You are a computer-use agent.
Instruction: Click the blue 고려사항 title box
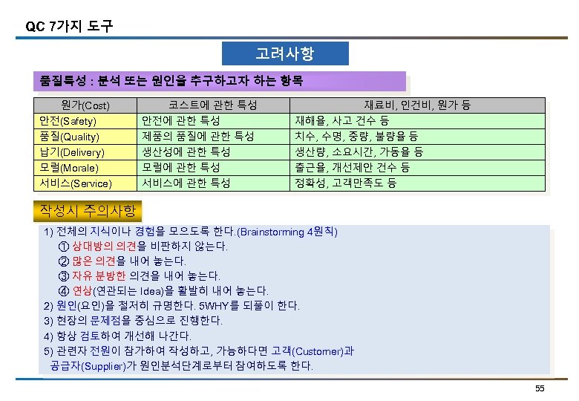tap(285, 54)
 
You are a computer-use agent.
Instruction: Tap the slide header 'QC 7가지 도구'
tap(69, 27)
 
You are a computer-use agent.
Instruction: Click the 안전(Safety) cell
tap(68, 121)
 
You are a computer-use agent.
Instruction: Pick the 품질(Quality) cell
tap(69, 137)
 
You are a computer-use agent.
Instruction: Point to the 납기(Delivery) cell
tap(71, 152)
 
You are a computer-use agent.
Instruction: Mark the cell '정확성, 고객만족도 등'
tap(345, 183)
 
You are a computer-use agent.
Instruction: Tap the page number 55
tap(540, 389)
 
